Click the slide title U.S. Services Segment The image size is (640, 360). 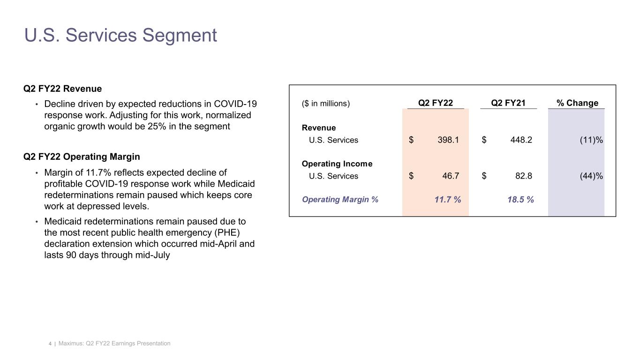120,36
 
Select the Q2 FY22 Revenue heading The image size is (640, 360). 62,89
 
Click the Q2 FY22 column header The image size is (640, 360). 435,103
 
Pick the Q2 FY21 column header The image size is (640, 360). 508,103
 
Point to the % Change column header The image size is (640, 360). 577,103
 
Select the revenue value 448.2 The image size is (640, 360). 520,140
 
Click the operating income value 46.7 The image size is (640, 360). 451,176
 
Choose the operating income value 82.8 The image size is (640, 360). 523,176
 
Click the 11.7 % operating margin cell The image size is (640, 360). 447,200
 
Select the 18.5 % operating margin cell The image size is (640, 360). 520,200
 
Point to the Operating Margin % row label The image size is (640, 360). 340,200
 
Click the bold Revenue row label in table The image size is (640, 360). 319,127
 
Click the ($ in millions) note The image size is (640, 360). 326,104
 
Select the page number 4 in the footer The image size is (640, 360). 50,344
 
